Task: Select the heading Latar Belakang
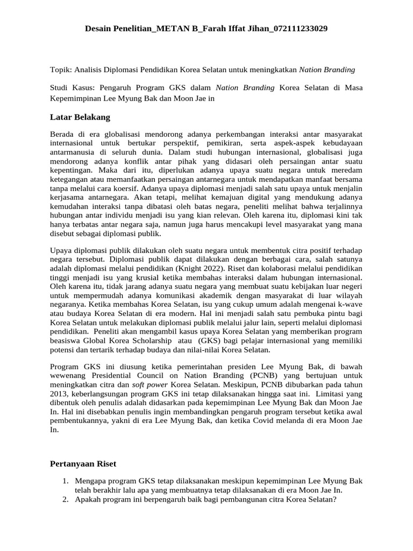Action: [80, 117]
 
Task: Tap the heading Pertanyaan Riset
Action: [83, 463]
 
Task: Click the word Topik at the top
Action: [60, 69]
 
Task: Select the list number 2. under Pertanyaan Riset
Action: [65, 499]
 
